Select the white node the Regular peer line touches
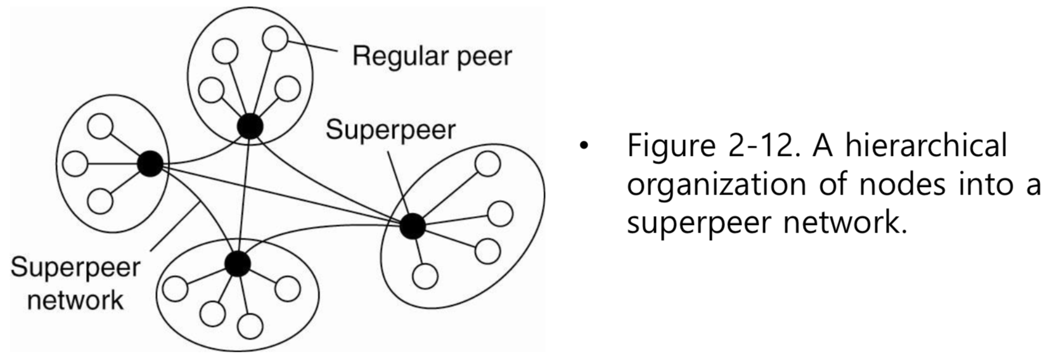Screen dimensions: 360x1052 tap(275, 38)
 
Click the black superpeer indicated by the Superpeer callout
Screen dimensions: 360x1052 tap(412, 226)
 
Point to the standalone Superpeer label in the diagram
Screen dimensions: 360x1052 tap(390, 131)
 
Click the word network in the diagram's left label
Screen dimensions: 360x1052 tap(75, 300)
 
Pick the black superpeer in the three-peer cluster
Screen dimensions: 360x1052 tap(150, 164)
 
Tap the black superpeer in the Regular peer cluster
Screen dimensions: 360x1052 tap(250, 126)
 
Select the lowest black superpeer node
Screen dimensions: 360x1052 tap(237, 264)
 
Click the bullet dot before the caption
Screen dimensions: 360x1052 tap(583, 148)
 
